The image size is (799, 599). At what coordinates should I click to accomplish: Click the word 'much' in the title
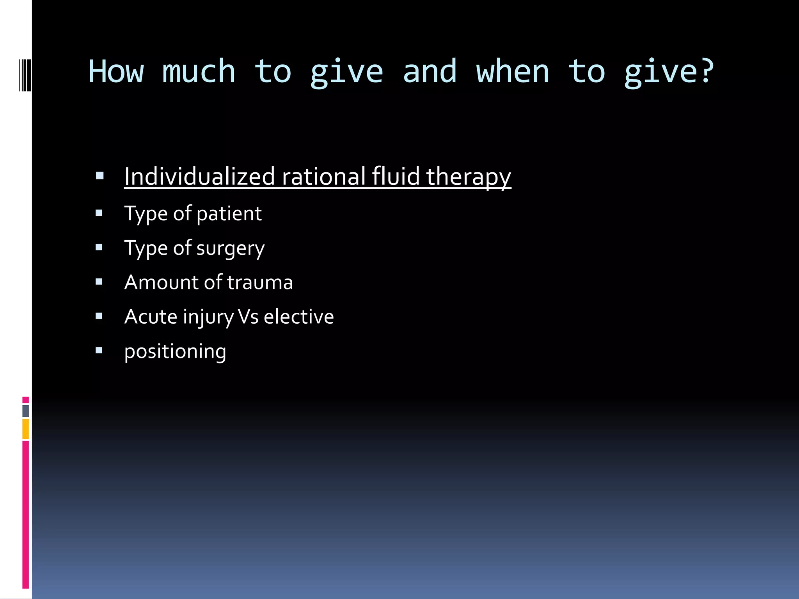point(199,72)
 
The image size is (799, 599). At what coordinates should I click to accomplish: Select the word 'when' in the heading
point(513,72)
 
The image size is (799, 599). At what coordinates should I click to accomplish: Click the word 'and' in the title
point(429,72)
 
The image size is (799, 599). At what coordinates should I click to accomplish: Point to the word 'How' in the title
point(116,72)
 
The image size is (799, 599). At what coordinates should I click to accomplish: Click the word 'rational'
point(323,176)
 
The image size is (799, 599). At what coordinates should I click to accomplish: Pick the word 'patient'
point(229,214)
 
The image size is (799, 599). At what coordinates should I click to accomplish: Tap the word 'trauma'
point(260,282)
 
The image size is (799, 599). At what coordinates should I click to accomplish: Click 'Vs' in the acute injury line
point(248,317)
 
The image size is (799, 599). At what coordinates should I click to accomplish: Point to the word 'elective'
point(299,317)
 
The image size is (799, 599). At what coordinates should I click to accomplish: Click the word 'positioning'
point(175,352)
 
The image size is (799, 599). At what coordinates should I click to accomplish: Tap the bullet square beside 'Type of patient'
point(99,213)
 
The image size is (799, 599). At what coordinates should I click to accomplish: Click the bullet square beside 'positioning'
point(99,351)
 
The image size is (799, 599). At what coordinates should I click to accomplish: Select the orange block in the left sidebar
point(25,429)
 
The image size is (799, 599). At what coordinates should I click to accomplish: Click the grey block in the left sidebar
point(25,411)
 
